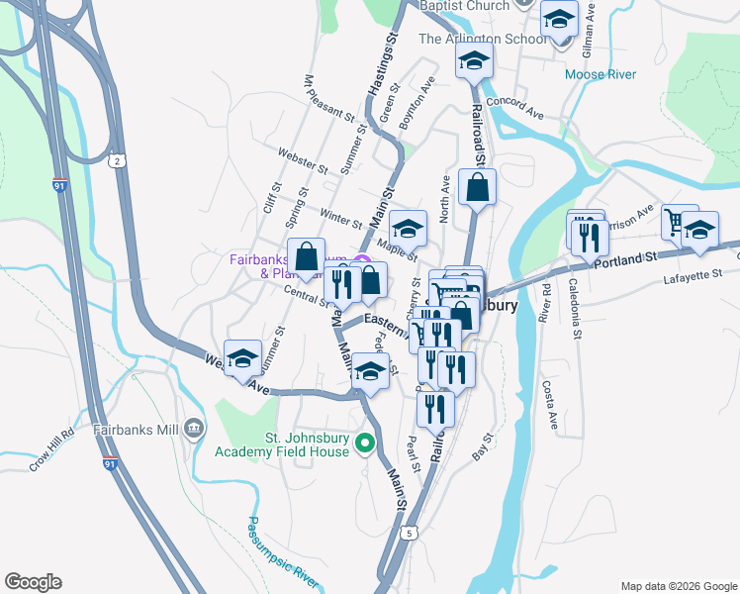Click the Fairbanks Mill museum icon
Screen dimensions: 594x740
tap(193, 429)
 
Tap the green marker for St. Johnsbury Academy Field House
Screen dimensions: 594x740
tap(365, 443)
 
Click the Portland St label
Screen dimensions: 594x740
tap(625, 257)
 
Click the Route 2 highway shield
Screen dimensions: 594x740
tap(117, 160)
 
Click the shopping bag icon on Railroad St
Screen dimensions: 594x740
tap(477, 188)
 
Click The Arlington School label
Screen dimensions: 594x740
tap(482, 39)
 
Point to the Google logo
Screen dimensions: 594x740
tap(33, 582)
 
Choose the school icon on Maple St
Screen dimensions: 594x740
tap(408, 228)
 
